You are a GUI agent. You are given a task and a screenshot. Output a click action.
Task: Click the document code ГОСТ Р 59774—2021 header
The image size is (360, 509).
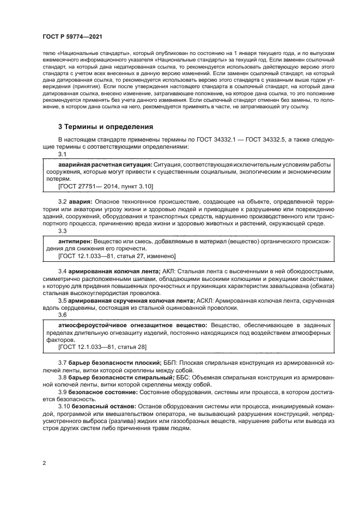coord(72,35)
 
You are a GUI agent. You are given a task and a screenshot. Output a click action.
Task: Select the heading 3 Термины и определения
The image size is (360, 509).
coord(105,127)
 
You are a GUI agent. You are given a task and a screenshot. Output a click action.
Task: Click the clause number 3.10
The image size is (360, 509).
coord(64,406)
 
